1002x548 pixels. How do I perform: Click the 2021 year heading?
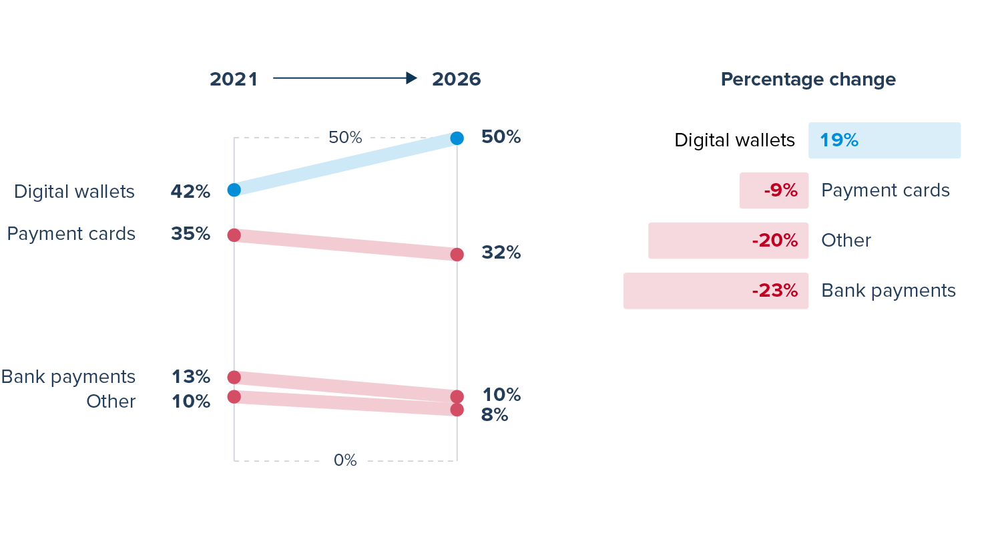click(x=234, y=79)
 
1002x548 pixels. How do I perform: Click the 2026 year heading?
click(x=456, y=79)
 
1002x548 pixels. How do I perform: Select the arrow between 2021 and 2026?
click(x=344, y=78)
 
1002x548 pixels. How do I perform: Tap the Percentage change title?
click(x=808, y=80)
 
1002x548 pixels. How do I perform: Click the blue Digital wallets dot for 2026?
click(x=457, y=138)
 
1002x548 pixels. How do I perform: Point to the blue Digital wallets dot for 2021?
click(x=234, y=190)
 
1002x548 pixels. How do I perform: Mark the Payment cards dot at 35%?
click(x=234, y=235)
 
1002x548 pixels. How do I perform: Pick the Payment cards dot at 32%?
click(x=457, y=255)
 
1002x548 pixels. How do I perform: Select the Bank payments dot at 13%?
click(x=234, y=378)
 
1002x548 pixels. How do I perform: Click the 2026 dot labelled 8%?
click(x=457, y=410)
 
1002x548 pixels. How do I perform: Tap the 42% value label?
click(x=190, y=192)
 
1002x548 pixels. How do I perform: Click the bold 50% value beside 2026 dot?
click(x=501, y=137)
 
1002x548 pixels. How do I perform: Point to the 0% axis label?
click(x=345, y=460)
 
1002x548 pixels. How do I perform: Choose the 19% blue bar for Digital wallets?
click(x=884, y=140)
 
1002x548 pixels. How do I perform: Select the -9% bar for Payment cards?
click(x=774, y=190)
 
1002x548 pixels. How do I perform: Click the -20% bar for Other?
click(x=728, y=241)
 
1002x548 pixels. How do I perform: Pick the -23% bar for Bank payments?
click(x=716, y=291)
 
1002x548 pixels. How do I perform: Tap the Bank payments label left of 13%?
click(x=68, y=377)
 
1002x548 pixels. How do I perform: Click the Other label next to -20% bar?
click(x=846, y=241)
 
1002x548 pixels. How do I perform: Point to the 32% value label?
click(x=501, y=253)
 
